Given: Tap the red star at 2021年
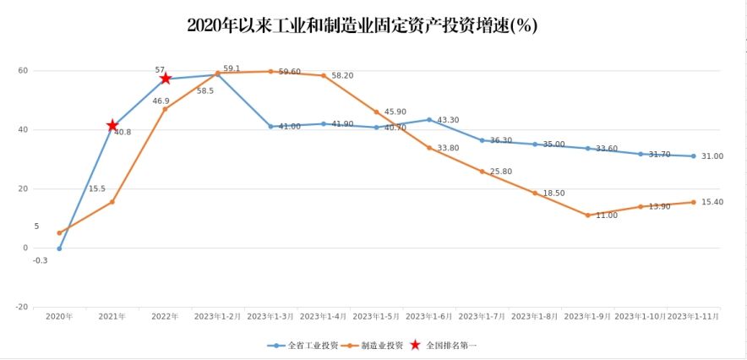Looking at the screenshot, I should tap(112, 126).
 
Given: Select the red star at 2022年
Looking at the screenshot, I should tap(166, 79).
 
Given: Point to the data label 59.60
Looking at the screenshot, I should tap(289, 72).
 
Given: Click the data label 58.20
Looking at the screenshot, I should tap(342, 75).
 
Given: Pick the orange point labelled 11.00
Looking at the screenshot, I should tap(588, 215).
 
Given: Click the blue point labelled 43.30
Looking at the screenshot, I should tap(429, 120).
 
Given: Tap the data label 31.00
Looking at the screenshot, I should tap(712, 156).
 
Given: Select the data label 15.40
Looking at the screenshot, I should tap(712, 202).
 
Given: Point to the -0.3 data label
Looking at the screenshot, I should tap(40, 260).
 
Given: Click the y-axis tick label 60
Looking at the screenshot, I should tap(23, 71).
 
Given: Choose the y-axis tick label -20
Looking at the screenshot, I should tap(22, 307).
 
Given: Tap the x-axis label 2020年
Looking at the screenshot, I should tap(59, 316).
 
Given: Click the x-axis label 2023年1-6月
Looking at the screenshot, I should tap(429, 316).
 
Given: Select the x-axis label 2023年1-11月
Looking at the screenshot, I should tap(694, 316).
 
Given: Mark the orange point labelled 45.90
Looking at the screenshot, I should tap(377, 112).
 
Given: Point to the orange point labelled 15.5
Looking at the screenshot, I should tap(112, 202).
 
